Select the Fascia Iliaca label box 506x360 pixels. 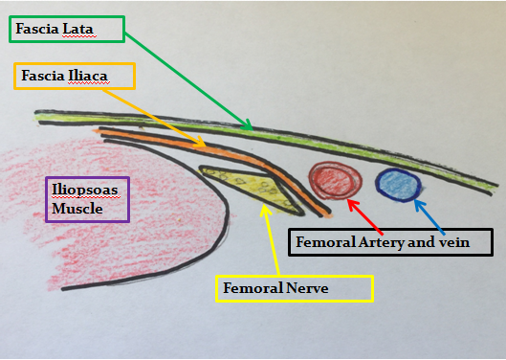pyautogui.click(x=75, y=76)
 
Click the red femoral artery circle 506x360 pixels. pyautogui.click(x=335, y=179)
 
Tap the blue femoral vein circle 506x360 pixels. pyautogui.click(x=394, y=183)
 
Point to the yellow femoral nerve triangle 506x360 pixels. pyautogui.click(x=244, y=184)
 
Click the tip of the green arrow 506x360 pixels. pyautogui.click(x=252, y=127)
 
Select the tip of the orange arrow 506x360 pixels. pyautogui.click(x=206, y=146)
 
